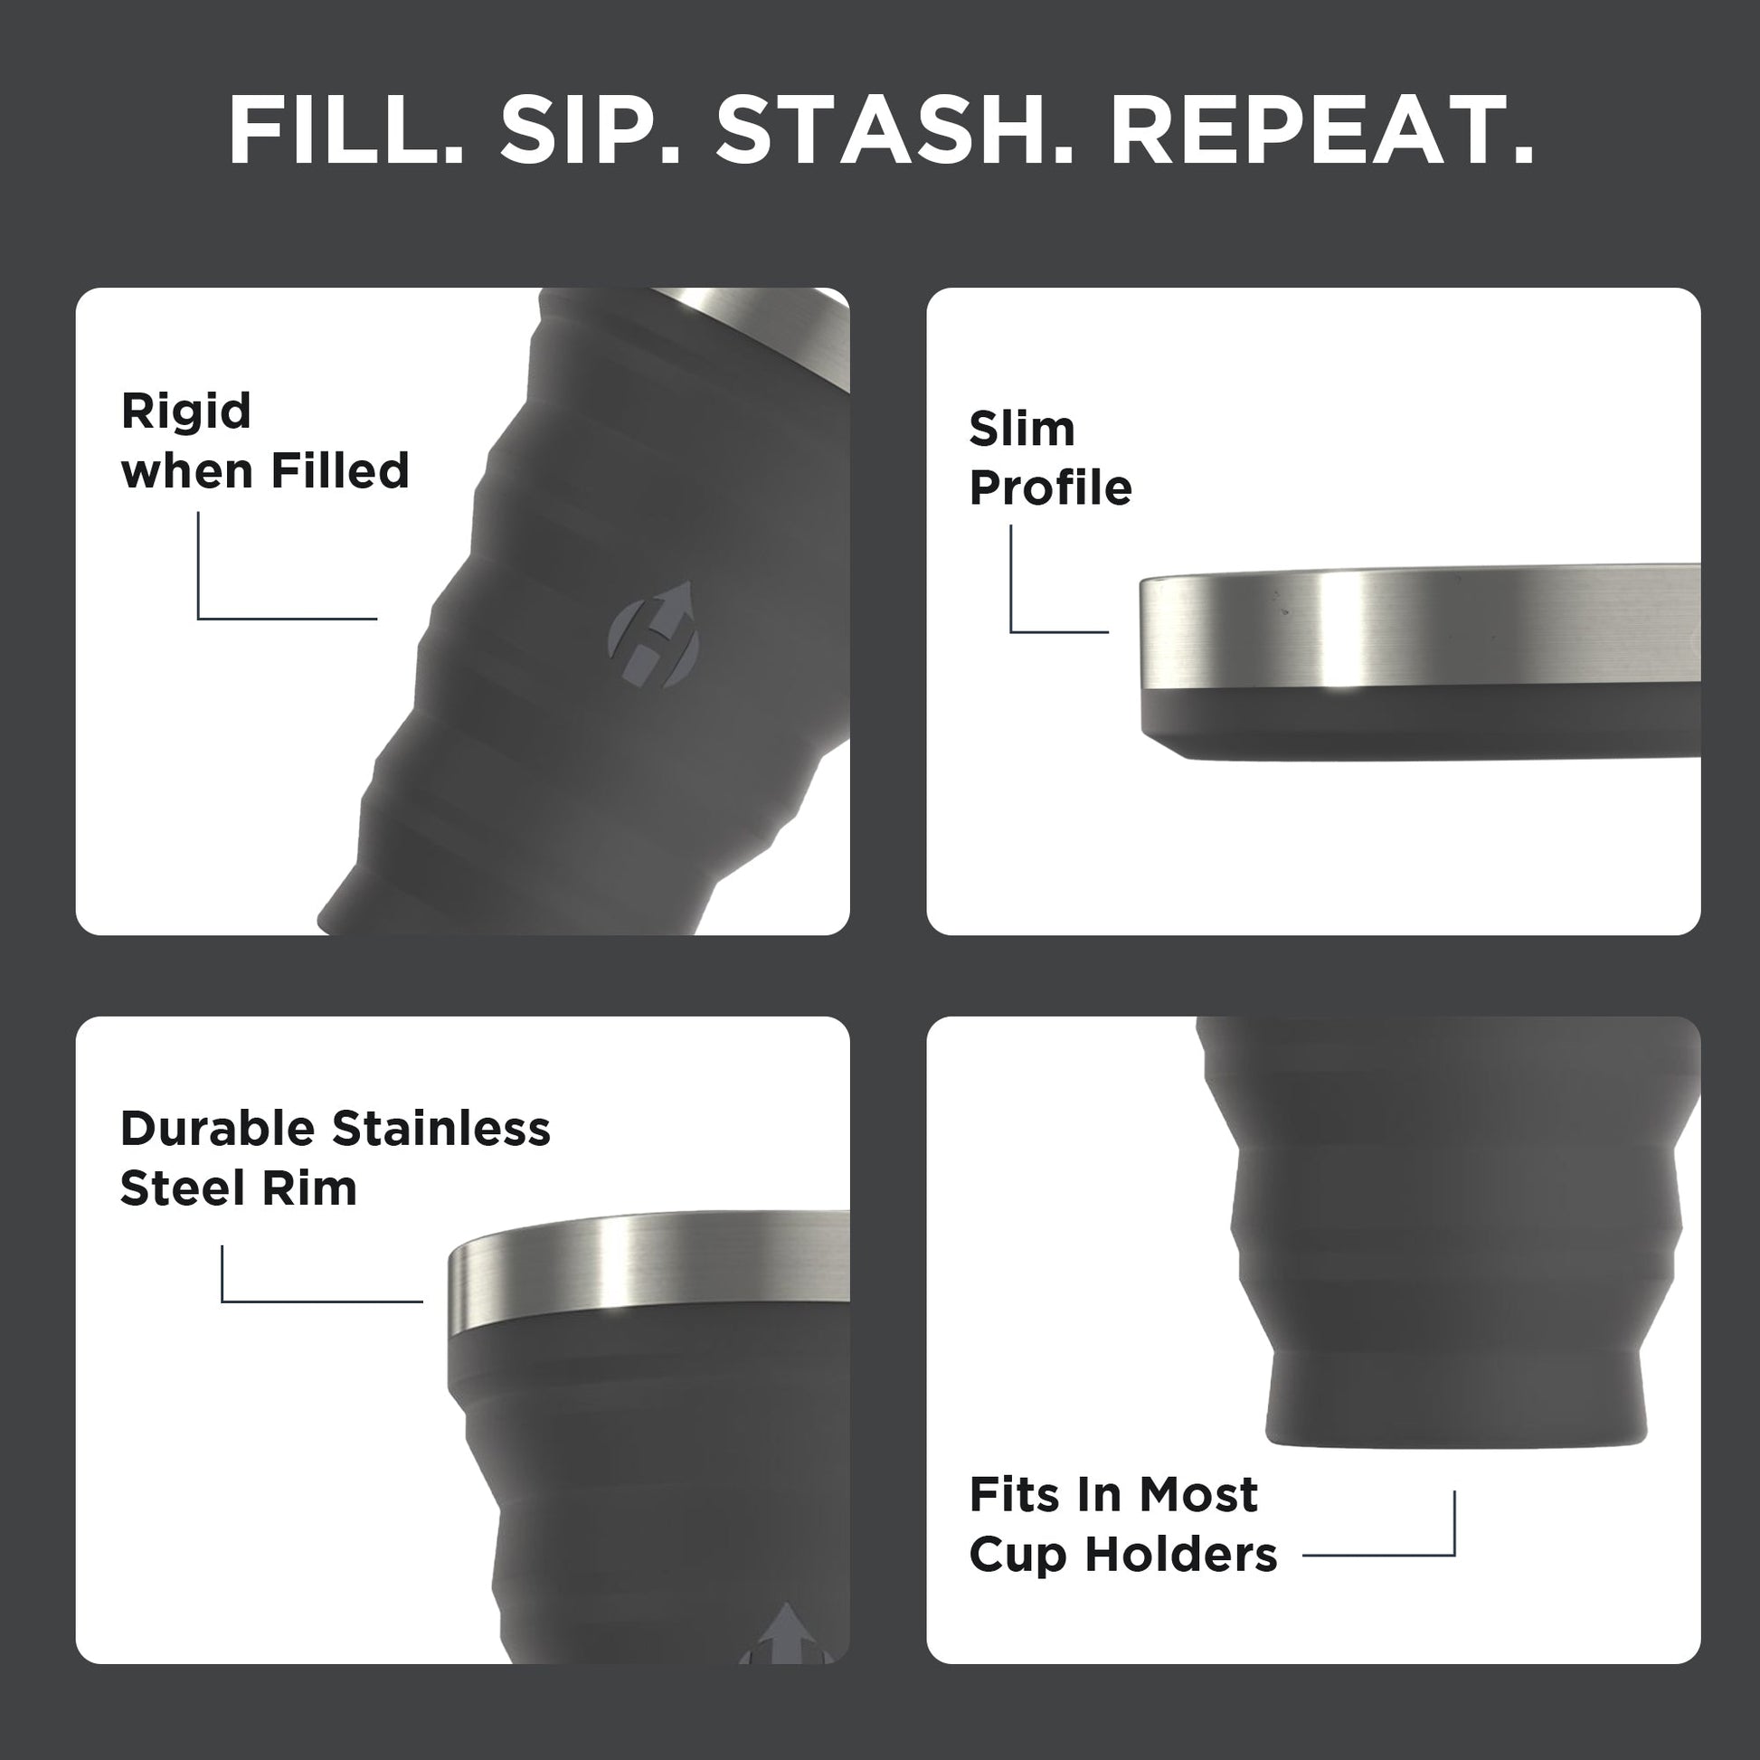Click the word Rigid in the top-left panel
185,411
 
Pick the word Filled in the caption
340,471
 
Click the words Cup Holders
1122,1554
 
